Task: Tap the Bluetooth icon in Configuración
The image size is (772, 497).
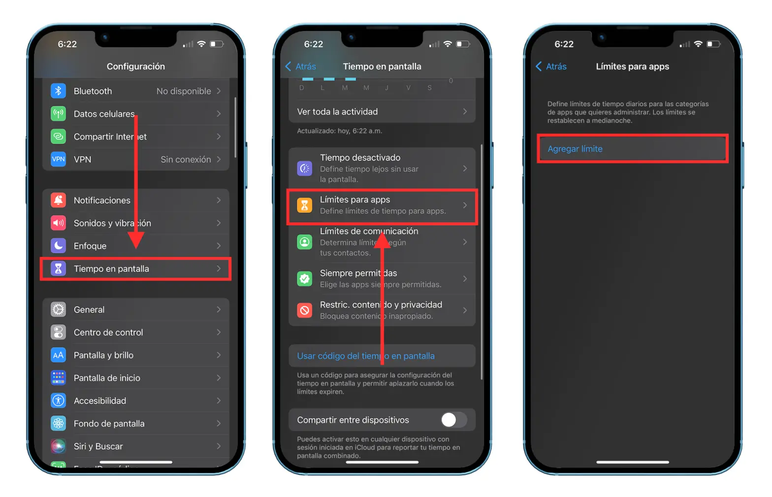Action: [58, 91]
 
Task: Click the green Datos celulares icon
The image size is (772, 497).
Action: [58, 114]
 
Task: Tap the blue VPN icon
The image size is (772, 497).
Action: [58, 159]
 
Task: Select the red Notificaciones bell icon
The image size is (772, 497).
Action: [58, 200]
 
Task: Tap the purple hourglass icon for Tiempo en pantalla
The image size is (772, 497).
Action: [58, 269]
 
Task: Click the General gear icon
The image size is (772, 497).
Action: [58, 310]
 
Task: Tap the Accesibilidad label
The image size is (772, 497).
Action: [100, 401]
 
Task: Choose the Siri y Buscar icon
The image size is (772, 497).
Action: [58, 446]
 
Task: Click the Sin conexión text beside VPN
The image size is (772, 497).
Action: [186, 159]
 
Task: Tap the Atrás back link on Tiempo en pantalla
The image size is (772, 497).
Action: [301, 66]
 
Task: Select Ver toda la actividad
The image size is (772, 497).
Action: [337, 112]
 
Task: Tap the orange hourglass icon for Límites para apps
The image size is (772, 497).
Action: [305, 205]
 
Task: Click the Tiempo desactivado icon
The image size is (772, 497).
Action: [305, 168]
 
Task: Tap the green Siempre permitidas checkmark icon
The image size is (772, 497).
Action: [305, 279]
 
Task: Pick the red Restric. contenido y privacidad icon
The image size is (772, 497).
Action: [305, 310]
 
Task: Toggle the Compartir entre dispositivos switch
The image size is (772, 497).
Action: [453, 420]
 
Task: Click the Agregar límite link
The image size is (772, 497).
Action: [575, 149]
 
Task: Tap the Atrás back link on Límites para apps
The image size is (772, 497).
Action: [551, 66]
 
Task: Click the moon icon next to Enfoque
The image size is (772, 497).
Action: [58, 246]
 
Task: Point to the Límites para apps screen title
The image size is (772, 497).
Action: [632, 66]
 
